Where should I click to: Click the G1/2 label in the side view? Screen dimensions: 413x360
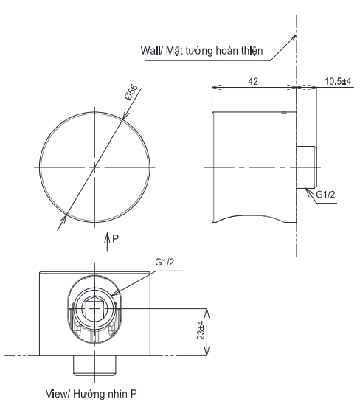tap(325, 194)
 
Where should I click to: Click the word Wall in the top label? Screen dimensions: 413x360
tap(152, 51)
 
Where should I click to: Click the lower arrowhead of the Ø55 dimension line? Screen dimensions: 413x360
tap(65, 217)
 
